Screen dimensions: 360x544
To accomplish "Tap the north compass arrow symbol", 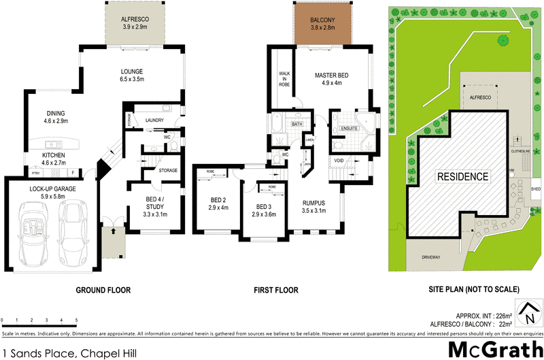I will (528, 314).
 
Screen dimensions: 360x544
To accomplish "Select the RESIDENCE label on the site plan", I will (463, 177).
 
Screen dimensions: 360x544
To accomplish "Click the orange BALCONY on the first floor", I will (323, 25).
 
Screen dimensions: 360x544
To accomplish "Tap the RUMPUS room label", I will (313, 202).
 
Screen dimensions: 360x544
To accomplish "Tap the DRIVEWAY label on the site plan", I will (431, 259).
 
